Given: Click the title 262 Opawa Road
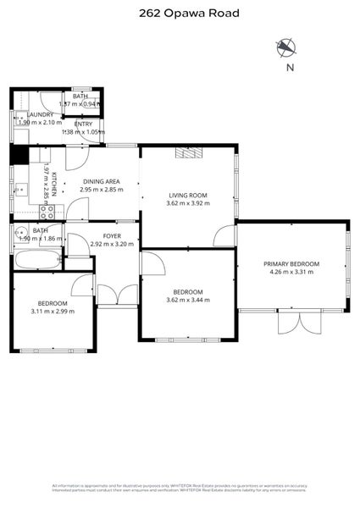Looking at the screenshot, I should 180,13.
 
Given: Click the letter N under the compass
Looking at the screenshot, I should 290,68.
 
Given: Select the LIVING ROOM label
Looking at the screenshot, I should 186,196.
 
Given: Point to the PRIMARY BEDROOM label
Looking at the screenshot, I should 291,264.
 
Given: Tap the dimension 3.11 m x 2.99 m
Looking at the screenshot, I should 53,311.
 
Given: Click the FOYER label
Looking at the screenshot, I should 112,235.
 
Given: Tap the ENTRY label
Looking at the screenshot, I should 83,124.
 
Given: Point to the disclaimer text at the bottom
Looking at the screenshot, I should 180,489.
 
